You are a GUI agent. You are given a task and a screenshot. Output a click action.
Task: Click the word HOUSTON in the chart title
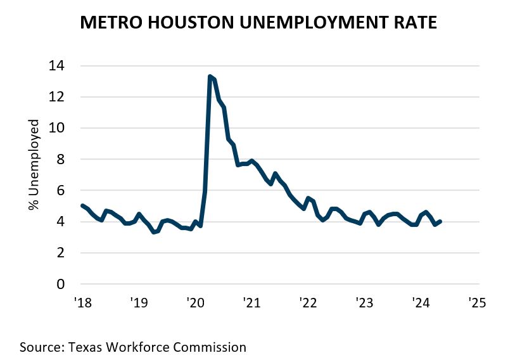coord(194,23)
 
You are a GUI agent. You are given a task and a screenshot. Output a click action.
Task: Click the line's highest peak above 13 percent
coord(210,77)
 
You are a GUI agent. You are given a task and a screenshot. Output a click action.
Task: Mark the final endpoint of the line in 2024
coord(440,221)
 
